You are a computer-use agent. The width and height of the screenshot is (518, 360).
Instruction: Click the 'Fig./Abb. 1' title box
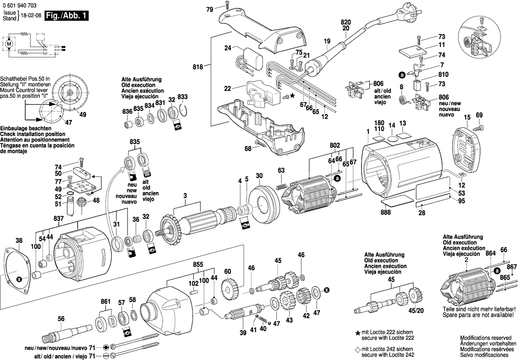tap(67, 16)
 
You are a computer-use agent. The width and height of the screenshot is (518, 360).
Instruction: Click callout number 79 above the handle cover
tap(209, 9)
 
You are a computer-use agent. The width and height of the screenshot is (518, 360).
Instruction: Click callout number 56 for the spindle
tap(61, 319)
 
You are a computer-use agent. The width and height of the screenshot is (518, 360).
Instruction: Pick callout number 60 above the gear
tap(227, 272)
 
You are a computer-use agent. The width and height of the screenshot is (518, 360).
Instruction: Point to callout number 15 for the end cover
tap(467, 118)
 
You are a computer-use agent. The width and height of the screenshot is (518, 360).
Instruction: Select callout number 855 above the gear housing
tap(198, 265)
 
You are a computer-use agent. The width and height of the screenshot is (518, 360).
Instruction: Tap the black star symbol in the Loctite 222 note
tap(358, 333)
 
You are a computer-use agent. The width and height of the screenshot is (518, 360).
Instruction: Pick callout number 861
tap(106, 302)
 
